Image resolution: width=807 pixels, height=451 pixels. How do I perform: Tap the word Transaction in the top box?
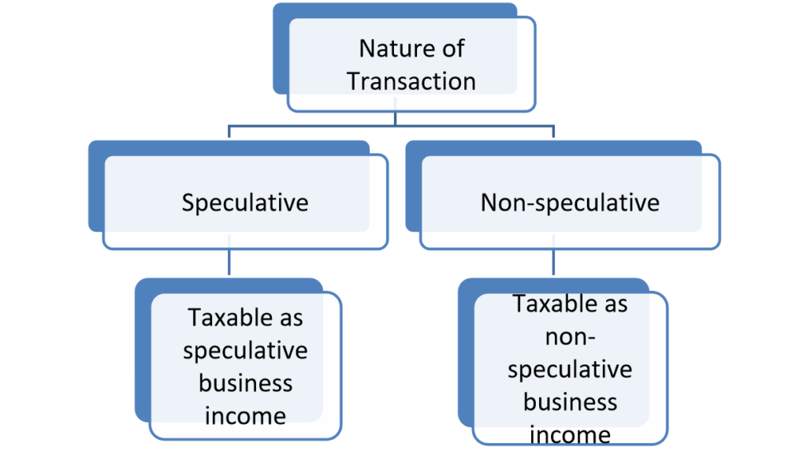point(411,80)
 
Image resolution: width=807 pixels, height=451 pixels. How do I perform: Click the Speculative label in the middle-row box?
point(245,203)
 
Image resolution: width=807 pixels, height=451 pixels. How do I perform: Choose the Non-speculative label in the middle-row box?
point(570,203)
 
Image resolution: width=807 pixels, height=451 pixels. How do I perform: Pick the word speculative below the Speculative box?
point(245,350)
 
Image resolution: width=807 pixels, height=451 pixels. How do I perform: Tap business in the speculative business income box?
point(245,382)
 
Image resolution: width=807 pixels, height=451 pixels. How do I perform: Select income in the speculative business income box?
point(245,415)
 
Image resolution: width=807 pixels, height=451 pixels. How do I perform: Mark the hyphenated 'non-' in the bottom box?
point(570,337)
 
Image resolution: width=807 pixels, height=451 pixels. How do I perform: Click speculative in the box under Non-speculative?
point(570,369)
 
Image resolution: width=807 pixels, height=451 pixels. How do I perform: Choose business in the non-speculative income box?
point(570,401)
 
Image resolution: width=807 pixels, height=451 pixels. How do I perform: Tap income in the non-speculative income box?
point(570,434)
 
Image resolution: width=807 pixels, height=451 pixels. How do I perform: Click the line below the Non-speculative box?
point(554,263)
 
